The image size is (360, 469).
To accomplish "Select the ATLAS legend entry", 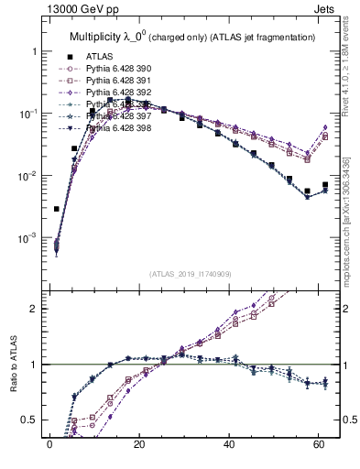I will click(101, 57).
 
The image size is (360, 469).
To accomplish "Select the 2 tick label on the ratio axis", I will click(33, 309).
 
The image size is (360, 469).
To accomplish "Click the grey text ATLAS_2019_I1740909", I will click(190, 273).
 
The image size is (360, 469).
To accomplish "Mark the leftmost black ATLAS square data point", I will click(56, 209).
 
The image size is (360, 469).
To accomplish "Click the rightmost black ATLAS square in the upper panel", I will click(325, 185).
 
